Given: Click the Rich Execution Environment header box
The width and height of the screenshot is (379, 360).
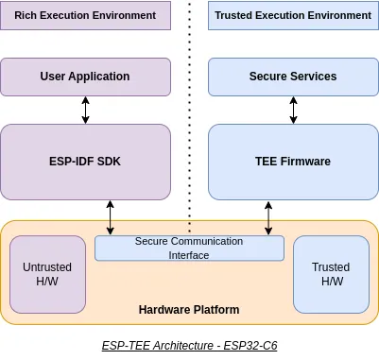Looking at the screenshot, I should (x=85, y=15).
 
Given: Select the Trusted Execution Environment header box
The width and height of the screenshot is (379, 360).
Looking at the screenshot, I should (x=293, y=15).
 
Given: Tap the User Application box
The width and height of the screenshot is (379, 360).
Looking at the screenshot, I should (x=85, y=76).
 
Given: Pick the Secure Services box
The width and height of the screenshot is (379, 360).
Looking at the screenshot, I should (x=293, y=76).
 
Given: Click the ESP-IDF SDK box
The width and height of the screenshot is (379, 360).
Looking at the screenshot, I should (x=85, y=162).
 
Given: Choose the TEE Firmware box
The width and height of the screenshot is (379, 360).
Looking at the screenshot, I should (x=293, y=162).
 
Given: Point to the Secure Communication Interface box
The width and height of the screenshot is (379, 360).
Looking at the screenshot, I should (x=189, y=249).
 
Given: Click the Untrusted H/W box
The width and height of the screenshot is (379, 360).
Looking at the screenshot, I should (x=47, y=274).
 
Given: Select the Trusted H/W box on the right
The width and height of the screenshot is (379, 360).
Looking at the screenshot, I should (x=331, y=274).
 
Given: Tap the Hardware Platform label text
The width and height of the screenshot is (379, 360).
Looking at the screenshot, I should (x=189, y=310).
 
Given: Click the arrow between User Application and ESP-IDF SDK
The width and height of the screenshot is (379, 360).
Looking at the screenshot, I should (x=86, y=109).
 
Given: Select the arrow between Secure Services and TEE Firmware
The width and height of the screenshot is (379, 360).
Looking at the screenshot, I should (x=293, y=109).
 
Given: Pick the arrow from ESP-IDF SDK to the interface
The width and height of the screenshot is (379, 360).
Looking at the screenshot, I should (x=111, y=217).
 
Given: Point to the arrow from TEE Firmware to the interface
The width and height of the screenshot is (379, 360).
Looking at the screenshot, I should (x=269, y=217).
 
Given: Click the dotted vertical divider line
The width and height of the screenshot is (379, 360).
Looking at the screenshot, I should (x=189, y=113).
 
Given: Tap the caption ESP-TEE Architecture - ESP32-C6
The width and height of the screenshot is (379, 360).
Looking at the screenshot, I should (x=189, y=346).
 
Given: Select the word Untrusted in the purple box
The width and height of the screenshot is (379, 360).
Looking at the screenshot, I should (x=47, y=267).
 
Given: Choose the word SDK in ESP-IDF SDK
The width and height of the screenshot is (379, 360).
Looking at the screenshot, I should (x=110, y=162).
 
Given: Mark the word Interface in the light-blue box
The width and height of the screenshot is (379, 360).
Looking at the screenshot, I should (x=189, y=255).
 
